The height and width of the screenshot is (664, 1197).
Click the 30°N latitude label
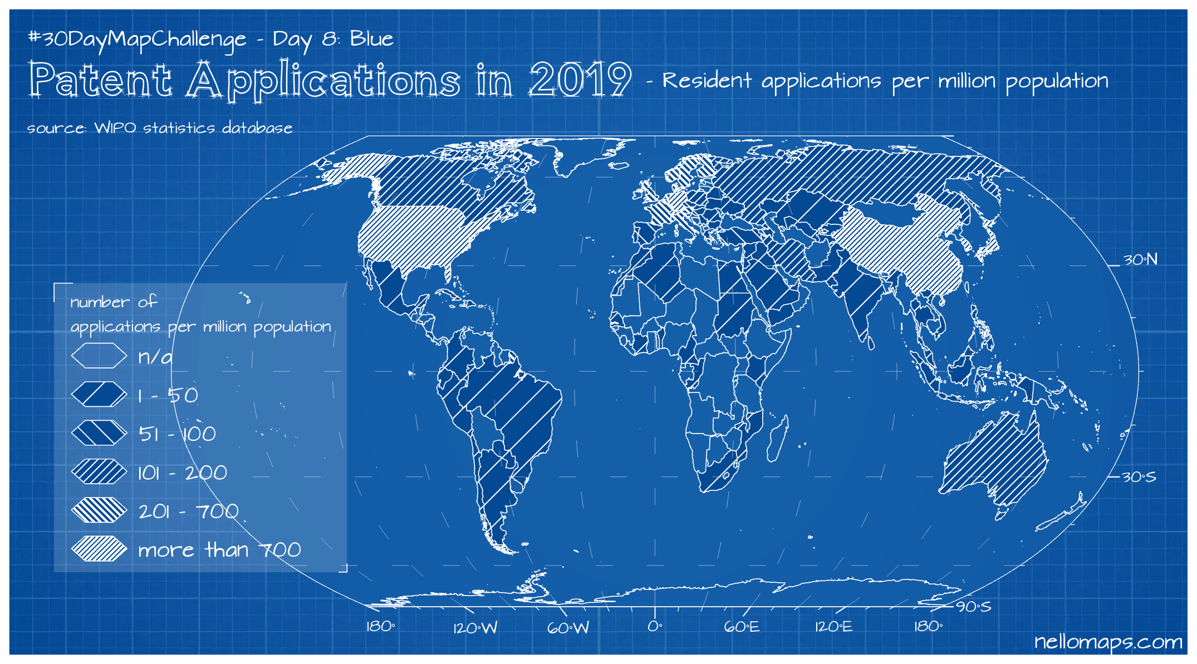[1140, 260]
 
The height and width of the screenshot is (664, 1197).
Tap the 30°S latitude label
[1139, 477]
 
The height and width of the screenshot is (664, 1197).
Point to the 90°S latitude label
[974, 607]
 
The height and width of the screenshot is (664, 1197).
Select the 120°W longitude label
[475, 628]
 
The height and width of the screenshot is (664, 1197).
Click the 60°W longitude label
[568, 628]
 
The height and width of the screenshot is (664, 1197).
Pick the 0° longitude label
[655, 627]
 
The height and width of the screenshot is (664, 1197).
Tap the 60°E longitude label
[742, 627]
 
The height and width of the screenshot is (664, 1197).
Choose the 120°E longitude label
[833, 627]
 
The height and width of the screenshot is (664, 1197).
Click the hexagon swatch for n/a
[99, 356]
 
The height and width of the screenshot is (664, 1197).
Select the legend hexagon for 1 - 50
[99, 395]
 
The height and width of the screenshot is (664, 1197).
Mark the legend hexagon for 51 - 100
[99, 433]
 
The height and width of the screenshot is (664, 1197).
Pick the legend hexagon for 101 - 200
[99, 472]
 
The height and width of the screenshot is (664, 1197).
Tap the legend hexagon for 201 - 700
[99, 510]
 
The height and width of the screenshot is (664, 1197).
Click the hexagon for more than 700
[99, 549]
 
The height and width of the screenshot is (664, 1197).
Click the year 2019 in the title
[580, 81]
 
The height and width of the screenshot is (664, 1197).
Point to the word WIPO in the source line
[115, 128]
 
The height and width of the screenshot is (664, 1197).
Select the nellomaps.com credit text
[1108, 642]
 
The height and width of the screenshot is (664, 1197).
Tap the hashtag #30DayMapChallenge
[137, 39]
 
